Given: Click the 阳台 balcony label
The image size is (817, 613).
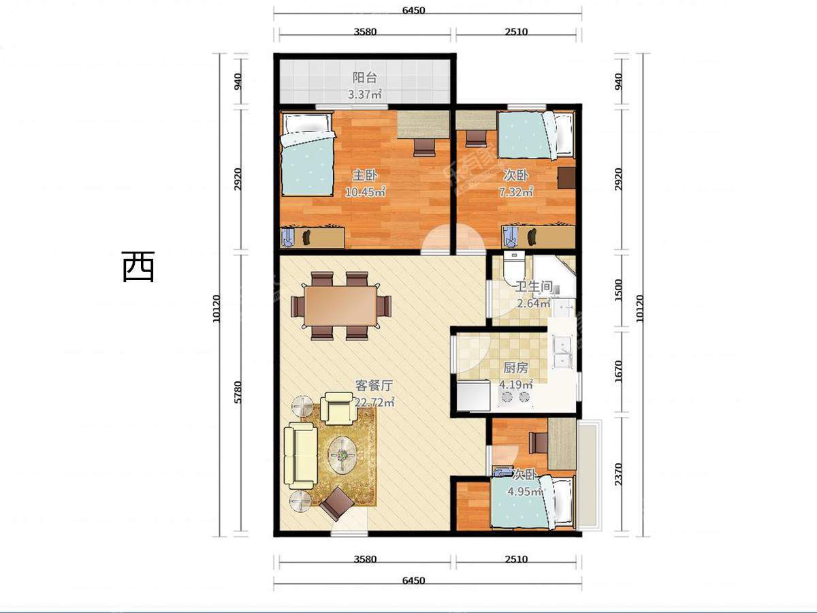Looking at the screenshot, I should pos(365,78).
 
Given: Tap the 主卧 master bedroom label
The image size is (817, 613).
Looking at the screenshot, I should pos(364,174).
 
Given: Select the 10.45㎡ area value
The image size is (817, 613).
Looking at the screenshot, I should pos(366,192).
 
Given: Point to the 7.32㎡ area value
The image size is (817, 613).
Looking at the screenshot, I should pos(515,192).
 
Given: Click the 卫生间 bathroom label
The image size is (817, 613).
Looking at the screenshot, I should pos(532,289).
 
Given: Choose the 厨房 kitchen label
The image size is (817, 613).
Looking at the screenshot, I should pos(515,368).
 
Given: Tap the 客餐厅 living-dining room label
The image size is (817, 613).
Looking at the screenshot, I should pos(373,385).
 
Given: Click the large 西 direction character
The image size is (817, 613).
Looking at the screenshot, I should pos(139,267).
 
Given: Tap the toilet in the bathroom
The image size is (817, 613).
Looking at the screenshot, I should pos(513,270).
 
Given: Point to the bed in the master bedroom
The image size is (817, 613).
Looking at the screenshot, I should pos(308,155).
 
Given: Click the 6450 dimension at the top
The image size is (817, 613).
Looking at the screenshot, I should pos(414,10).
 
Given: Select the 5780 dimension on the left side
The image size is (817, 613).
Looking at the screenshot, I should pos(237,392).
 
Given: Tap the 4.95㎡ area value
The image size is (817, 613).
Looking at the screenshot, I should pos(525,491).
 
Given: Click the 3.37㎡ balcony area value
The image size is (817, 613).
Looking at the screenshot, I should pos(365,95).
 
